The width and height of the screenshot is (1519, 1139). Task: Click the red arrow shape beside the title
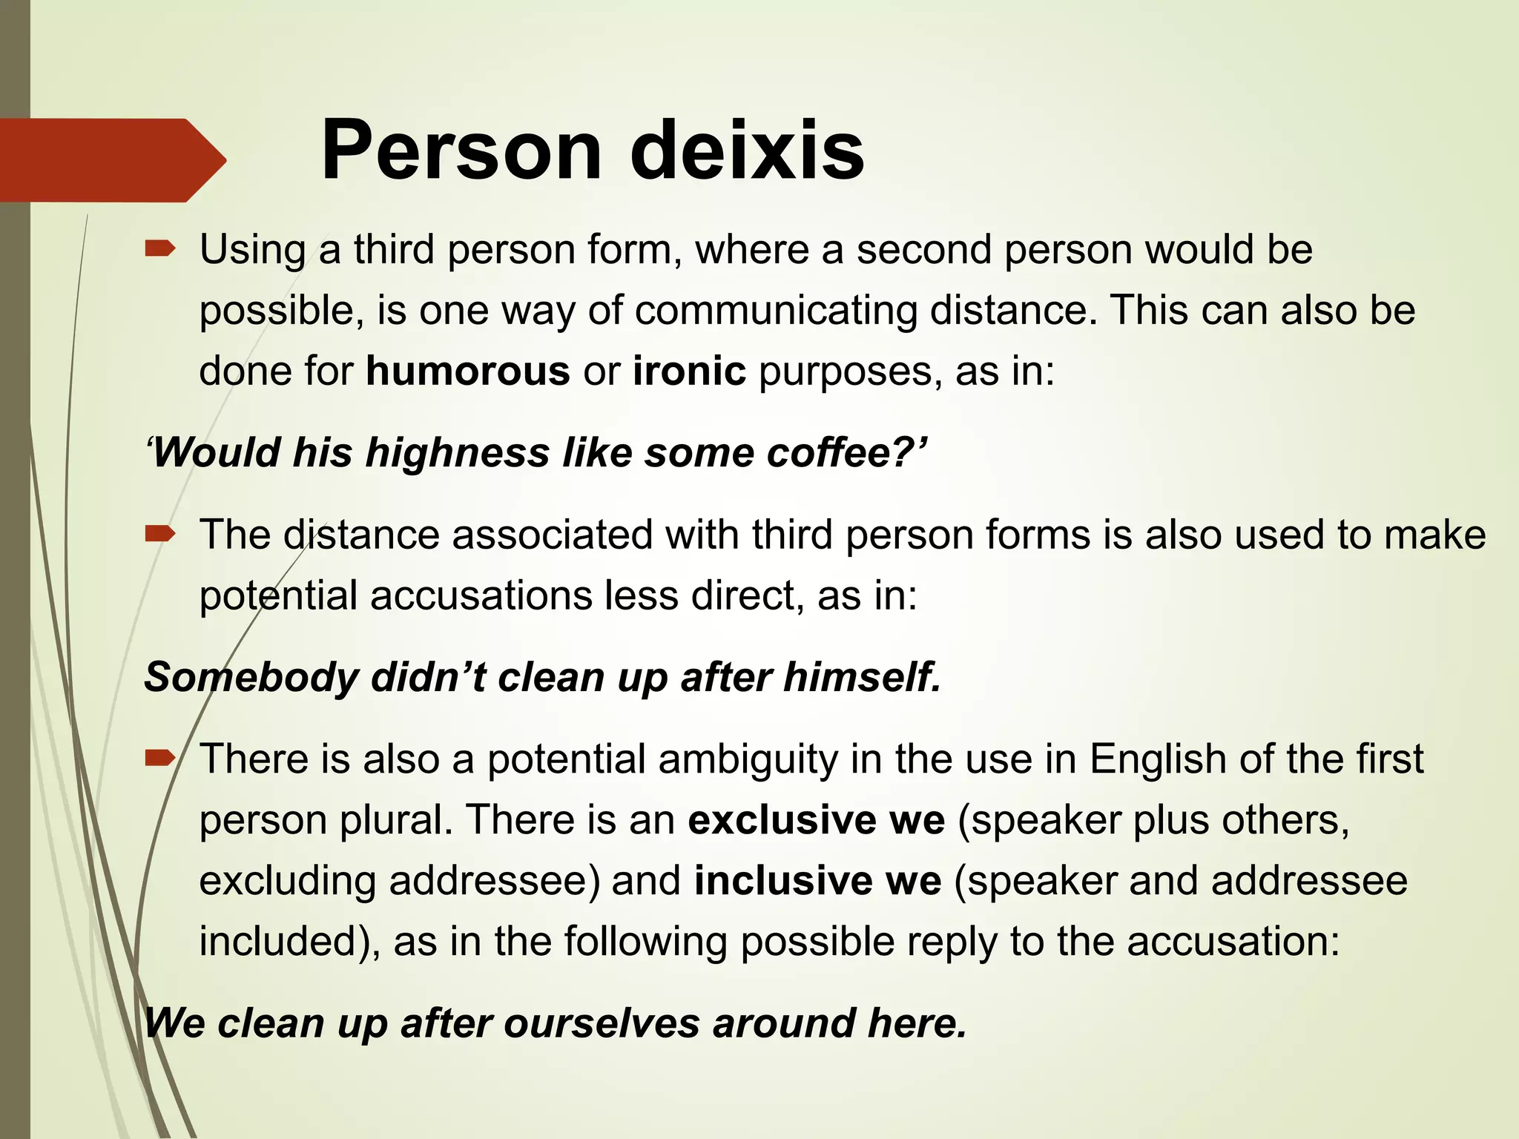click(x=111, y=160)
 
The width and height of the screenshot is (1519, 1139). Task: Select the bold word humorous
click(x=467, y=371)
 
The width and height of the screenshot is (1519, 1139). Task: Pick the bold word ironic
click(x=689, y=371)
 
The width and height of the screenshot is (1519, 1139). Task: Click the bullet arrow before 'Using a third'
click(x=160, y=249)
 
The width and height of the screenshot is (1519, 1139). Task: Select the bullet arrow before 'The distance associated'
click(x=160, y=533)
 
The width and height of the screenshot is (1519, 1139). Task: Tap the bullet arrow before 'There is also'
click(x=160, y=758)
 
